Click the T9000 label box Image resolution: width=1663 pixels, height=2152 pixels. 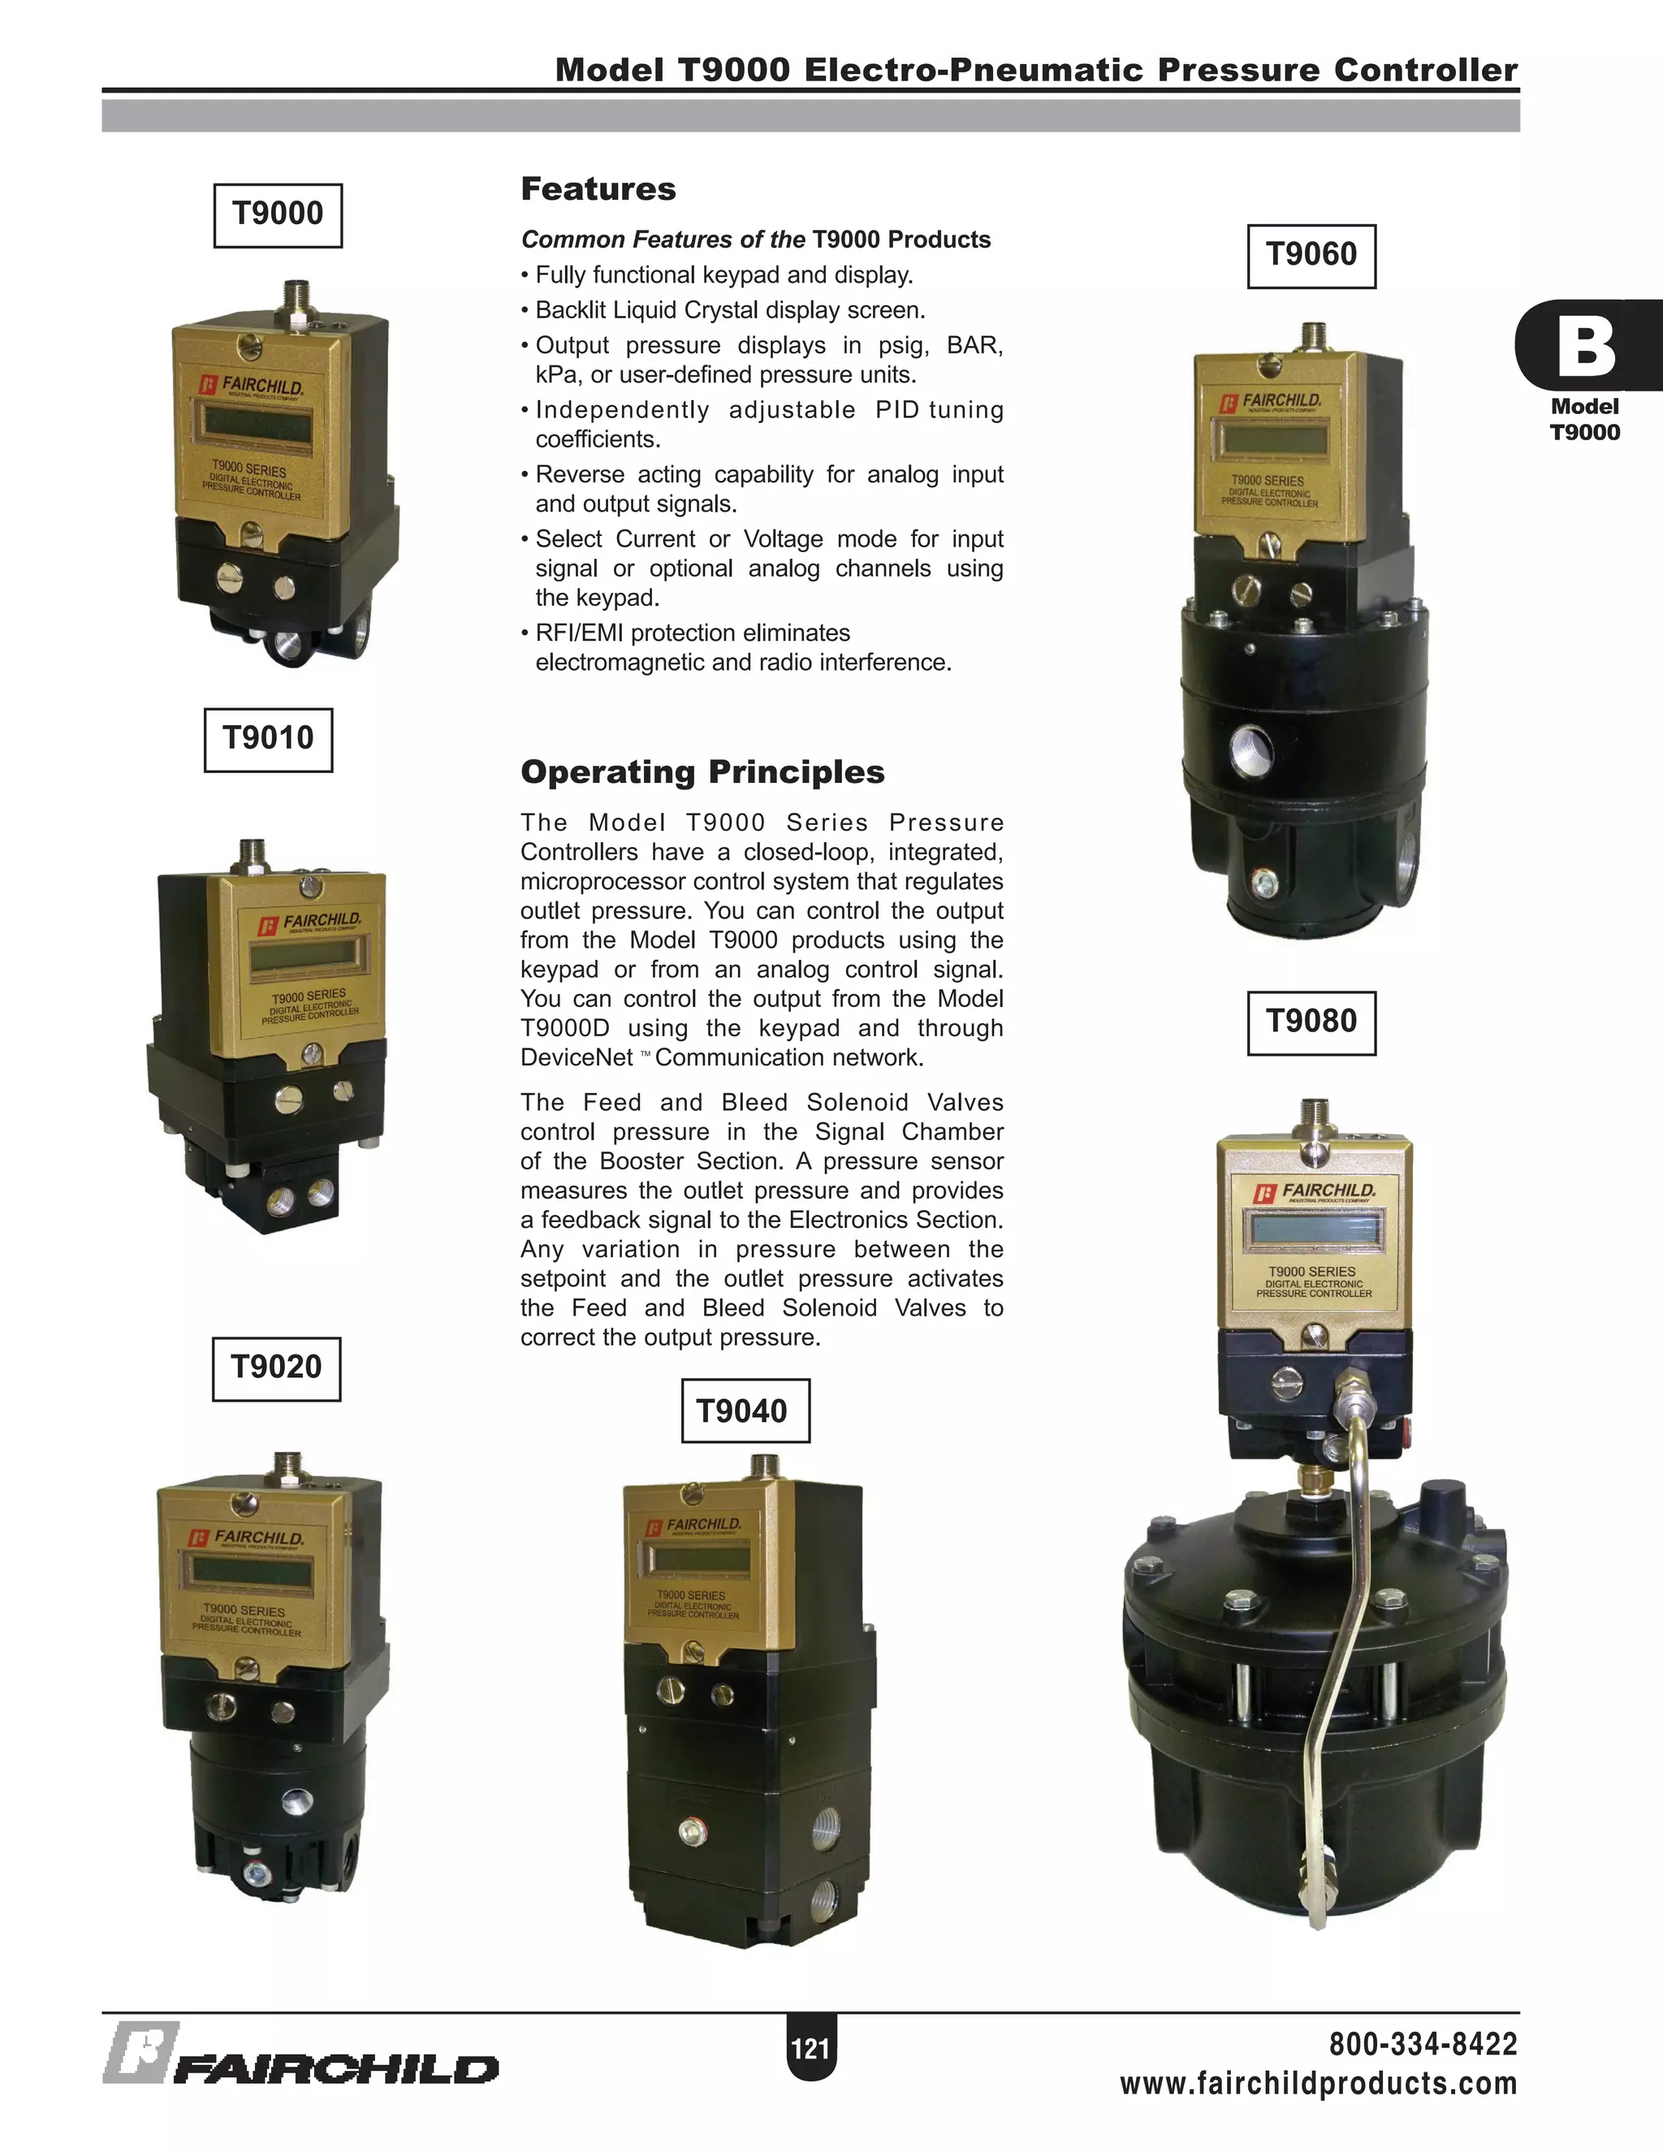point(278,215)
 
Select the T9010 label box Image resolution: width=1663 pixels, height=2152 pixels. point(268,739)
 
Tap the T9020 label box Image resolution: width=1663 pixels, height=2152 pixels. point(276,1368)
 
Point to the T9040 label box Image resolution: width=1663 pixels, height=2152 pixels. point(745,1411)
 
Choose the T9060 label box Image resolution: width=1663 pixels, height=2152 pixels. point(1311,256)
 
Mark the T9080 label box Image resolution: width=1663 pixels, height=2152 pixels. point(1311,1022)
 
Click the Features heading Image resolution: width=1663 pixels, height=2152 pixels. point(598,189)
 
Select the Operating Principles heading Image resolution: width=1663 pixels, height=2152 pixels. point(702,771)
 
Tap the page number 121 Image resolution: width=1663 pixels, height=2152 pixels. point(810,2050)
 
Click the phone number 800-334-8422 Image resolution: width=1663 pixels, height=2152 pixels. point(1423,2045)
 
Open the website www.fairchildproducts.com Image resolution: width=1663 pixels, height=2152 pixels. point(1318,2084)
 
